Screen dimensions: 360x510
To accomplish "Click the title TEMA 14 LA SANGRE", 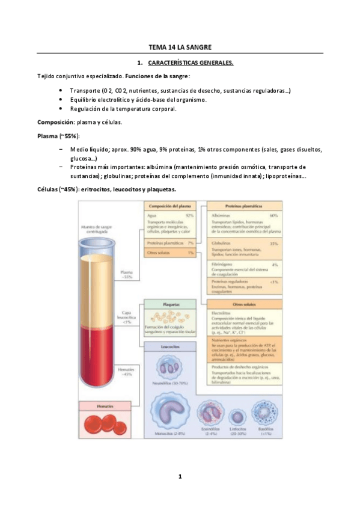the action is point(180,47).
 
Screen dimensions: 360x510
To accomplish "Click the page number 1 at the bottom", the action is point(180,476).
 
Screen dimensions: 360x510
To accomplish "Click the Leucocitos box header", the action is point(170,346).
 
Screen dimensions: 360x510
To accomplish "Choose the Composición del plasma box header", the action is point(170,206).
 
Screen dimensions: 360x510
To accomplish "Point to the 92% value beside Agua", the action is point(190,215).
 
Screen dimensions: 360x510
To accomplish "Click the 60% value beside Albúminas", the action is point(274,215).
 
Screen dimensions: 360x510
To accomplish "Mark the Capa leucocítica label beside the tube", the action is point(126,316).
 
